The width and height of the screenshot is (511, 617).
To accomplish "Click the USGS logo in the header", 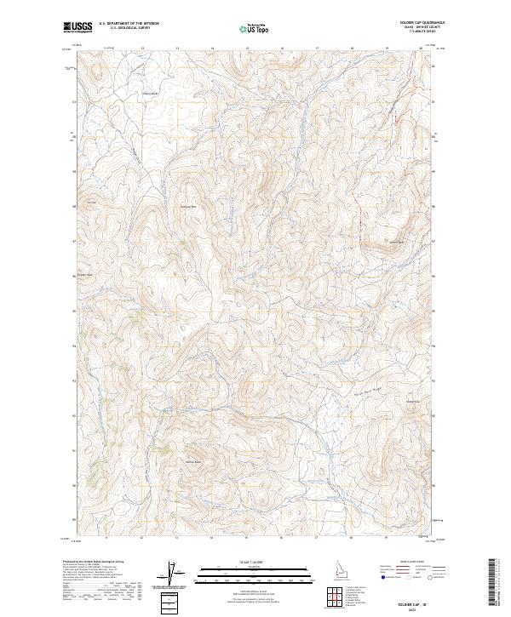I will tap(78, 27).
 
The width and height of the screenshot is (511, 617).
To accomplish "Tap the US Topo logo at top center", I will tap(253, 29).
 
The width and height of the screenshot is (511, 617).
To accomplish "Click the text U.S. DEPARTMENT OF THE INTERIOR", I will tap(129, 24).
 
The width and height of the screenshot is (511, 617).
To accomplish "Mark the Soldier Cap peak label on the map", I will tap(193, 462).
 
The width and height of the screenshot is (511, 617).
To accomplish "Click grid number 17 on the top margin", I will tap(317, 49).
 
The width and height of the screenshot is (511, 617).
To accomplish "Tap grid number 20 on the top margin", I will tap(421, 49).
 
